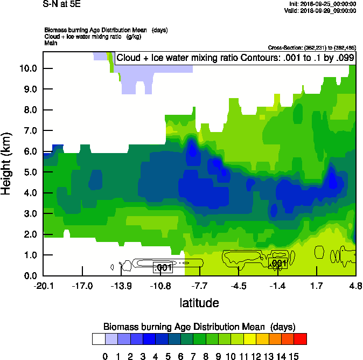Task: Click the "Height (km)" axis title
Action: (7, 163)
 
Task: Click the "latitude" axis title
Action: (199, 303)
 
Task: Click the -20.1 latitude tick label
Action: (44, 285)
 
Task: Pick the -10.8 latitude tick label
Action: (160, 285)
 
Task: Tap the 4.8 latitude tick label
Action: (355, 285)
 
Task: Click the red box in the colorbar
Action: (301, 339)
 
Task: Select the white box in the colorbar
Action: (99, 339)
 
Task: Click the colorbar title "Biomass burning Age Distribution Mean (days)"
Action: (199, 327)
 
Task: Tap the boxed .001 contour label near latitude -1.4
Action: (277, 263)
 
